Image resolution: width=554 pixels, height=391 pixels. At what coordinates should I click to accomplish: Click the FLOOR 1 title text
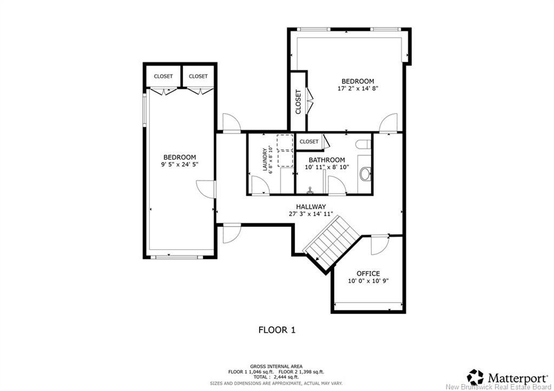coord(276,329)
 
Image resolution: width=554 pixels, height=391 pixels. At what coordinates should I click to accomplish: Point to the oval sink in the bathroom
coord(365,174)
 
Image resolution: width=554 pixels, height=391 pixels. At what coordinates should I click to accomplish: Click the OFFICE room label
coord(368,274)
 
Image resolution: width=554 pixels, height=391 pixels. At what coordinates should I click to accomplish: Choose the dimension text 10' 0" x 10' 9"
coord(368,281)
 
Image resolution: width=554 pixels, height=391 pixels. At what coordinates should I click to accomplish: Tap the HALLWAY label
coord(311,207)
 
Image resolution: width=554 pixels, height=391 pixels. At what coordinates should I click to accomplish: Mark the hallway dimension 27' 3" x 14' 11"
coord(311,214)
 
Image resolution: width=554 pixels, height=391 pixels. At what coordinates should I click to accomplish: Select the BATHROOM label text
coord(327,160)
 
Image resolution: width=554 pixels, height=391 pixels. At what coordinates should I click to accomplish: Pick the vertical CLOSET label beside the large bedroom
coord(298,101)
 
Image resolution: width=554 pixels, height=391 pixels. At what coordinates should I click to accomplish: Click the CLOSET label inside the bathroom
coord(309,142)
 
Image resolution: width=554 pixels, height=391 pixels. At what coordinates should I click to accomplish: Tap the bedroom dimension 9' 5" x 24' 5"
coord(180,164)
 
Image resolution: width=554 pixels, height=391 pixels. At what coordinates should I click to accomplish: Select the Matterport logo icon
coord(476,376)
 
